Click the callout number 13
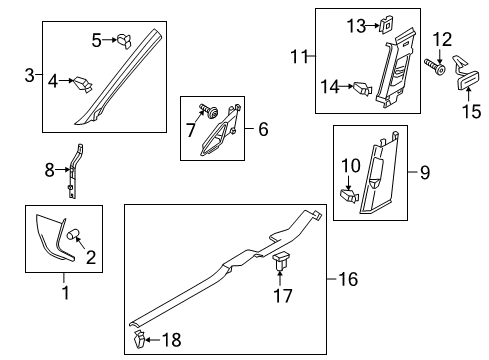pos(356,26)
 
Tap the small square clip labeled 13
pos(386,25)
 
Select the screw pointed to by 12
pos(435,67)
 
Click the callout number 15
pos(472,111)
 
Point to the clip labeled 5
pos(123,41)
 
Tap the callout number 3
pos(29,75)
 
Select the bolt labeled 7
pos(209,111)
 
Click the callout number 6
pos(263,129)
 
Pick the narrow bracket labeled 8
pos(73,171)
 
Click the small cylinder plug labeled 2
pos(73,235)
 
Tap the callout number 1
pos(66,292)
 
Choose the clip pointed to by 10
pos(349,196)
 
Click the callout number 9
pos(425,172)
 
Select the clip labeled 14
pos(362,88)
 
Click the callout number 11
pos(300,56)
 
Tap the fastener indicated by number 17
pos(281,261)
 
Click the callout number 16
pos(348,279)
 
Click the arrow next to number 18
pos(153,340)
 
